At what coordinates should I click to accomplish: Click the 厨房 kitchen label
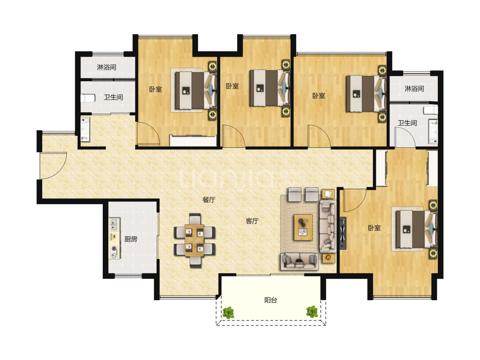131,239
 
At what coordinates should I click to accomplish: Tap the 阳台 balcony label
271,300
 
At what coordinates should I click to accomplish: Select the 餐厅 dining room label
209,200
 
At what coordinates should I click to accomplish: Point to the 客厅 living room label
252,221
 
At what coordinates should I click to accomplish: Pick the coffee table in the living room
303,227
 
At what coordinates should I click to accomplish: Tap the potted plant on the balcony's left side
228,313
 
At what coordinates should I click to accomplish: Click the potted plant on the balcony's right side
312,312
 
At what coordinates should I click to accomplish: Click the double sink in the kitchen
114,224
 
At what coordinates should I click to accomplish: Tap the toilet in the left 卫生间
88,98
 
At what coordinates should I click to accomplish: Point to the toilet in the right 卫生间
431,110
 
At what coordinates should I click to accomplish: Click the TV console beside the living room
343,233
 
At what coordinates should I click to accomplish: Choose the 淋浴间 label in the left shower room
107,67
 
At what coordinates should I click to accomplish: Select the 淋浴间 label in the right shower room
414,89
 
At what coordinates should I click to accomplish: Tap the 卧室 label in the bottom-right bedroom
374,228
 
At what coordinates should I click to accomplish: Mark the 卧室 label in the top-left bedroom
155,89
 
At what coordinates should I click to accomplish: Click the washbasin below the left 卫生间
85,129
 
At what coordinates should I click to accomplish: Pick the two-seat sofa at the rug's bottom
300,261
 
